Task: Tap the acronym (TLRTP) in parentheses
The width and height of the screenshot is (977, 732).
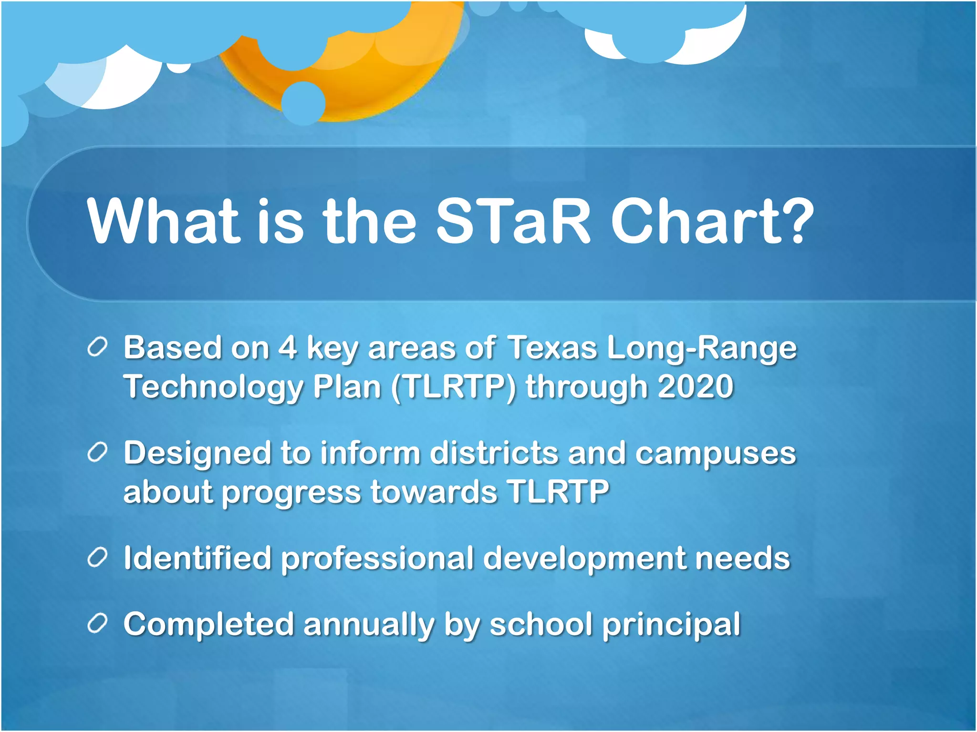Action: (x=453, y=387)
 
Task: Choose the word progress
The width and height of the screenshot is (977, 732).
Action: (x=291, y=493)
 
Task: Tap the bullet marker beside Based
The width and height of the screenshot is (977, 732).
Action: (x=97, y=347)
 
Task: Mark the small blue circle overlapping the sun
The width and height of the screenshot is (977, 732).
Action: (x=303, y=102)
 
